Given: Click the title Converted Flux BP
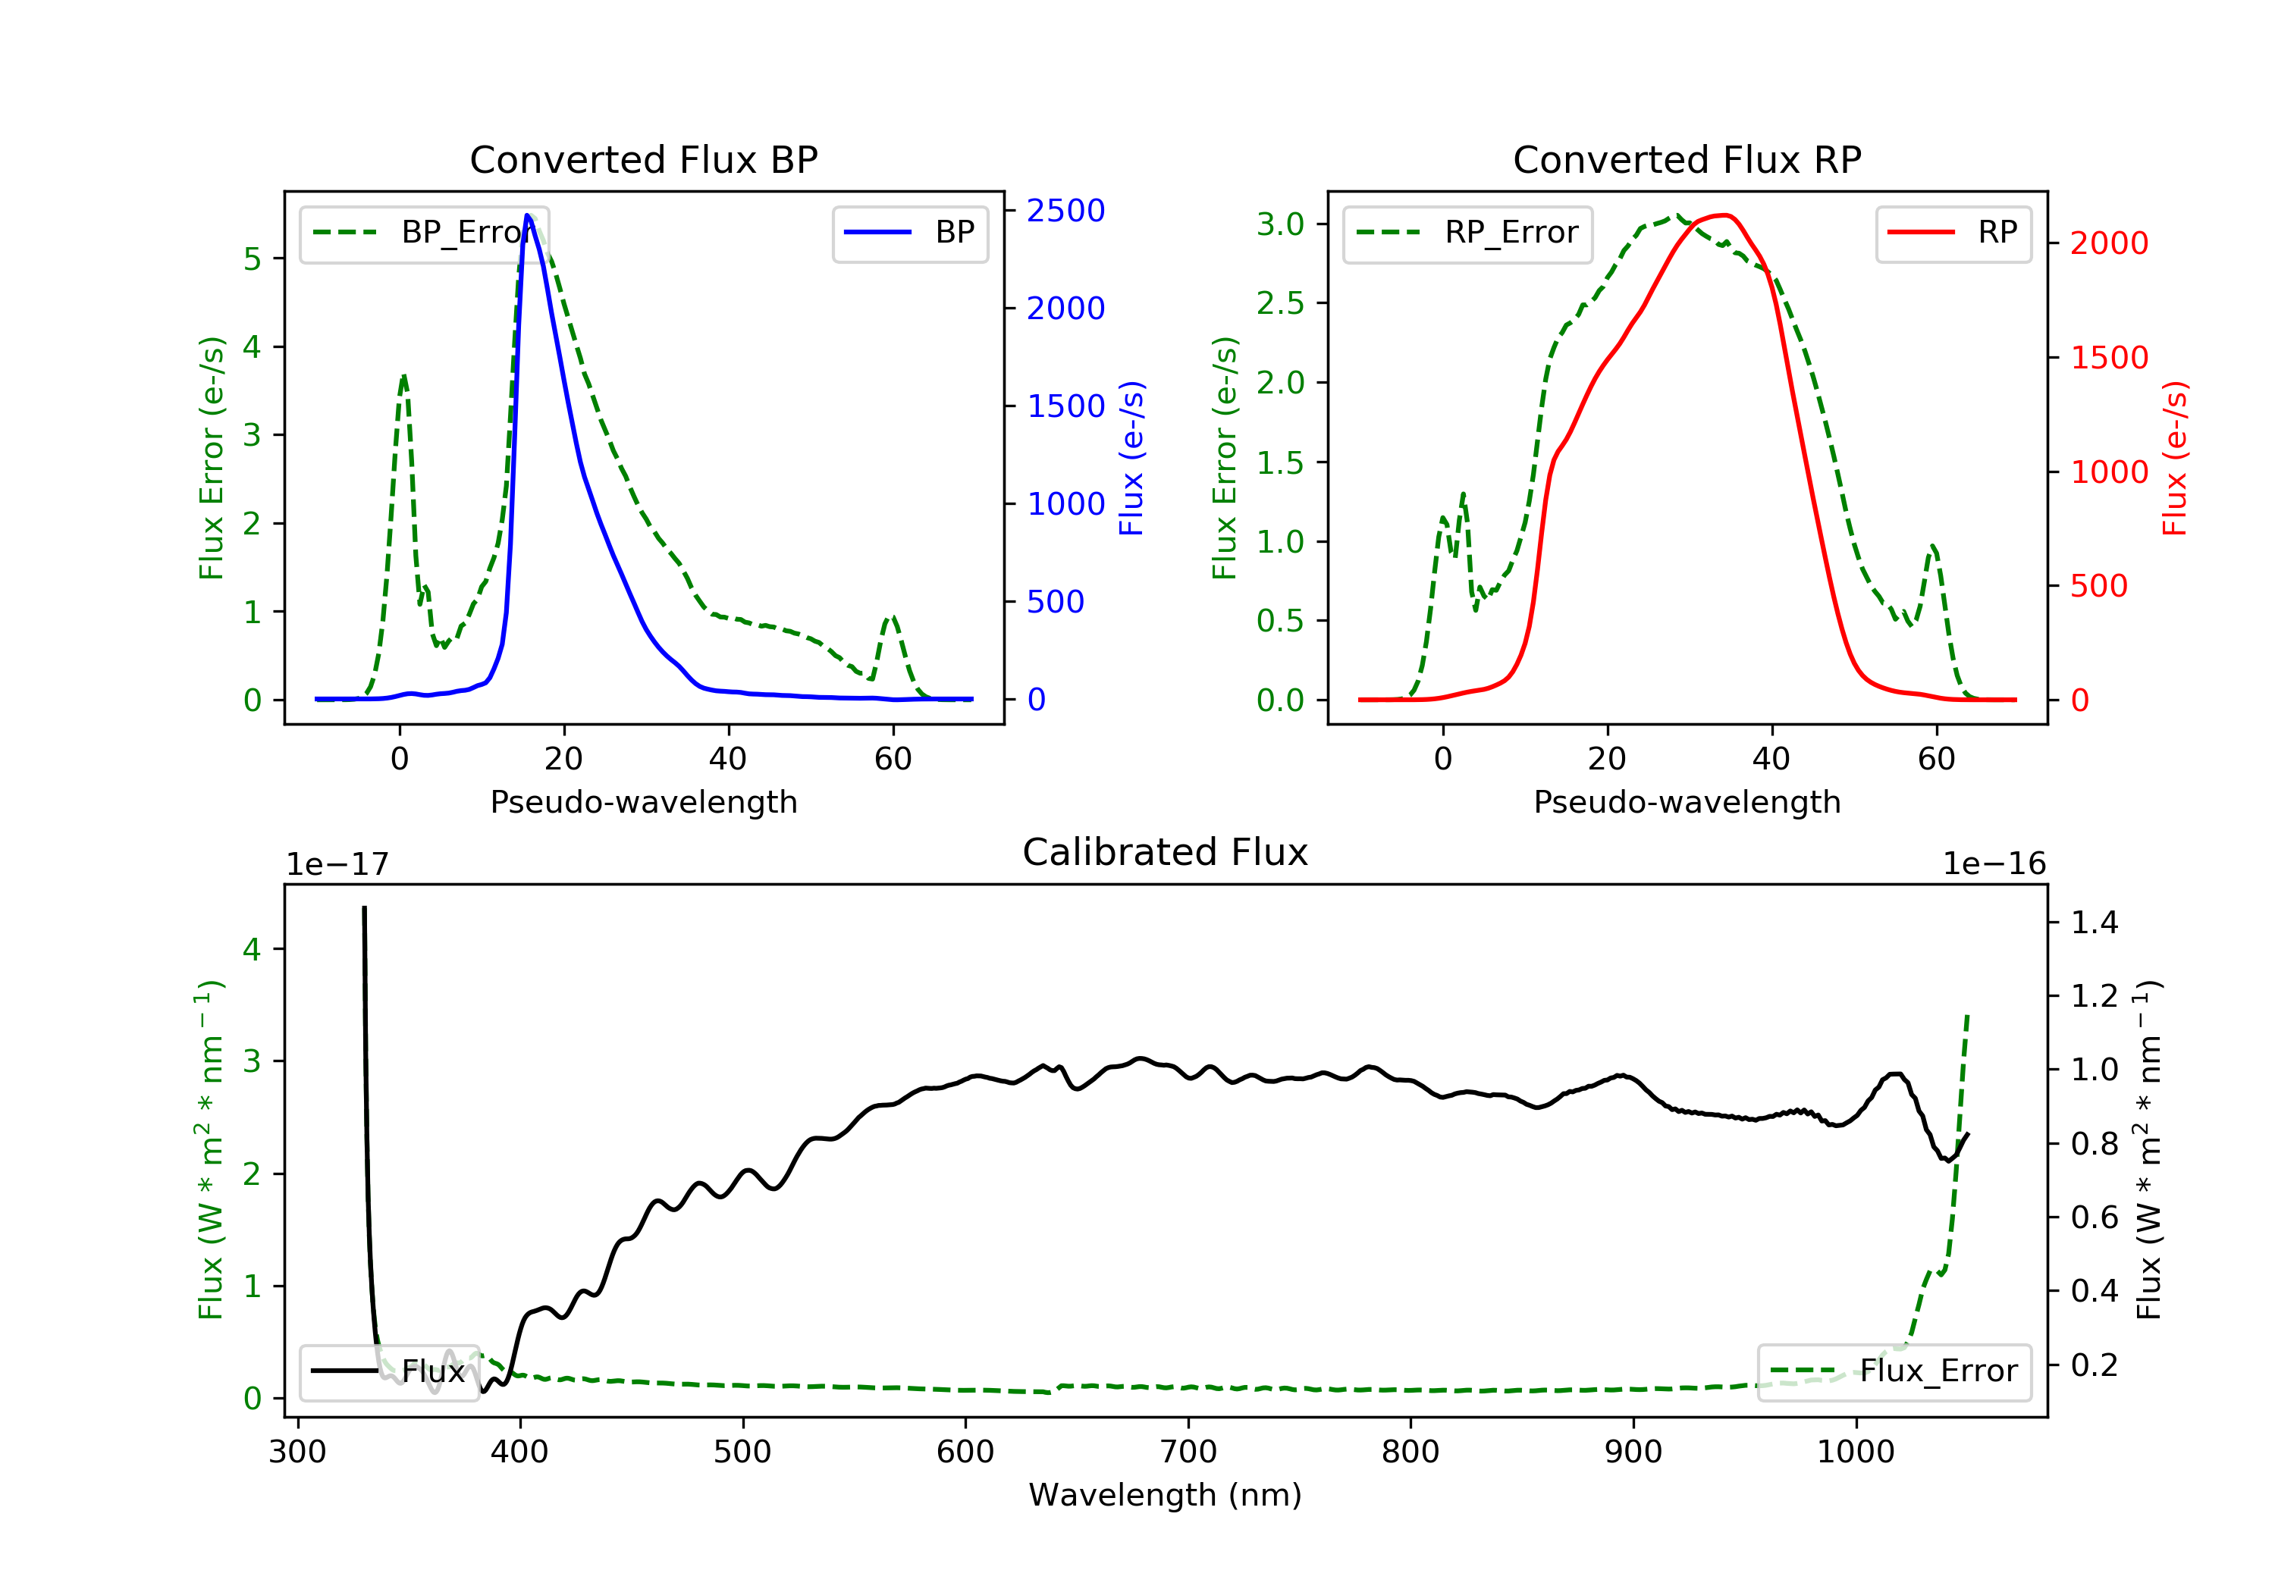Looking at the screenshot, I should click(643, 159).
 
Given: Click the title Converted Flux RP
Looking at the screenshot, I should click(1687, 159).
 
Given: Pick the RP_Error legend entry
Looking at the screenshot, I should click(1467, 233).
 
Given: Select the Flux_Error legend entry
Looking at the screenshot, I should click(1894, 1371).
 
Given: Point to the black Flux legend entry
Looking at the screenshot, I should click(388, 1371).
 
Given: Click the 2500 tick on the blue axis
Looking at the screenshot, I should click(1065, 210).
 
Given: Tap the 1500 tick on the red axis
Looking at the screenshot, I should click(2108, 358).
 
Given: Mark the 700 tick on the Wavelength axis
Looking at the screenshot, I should click(1187, 1453).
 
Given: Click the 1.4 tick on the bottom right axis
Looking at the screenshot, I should click(2094, 923).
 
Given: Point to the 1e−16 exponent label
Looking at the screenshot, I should click(1994, 864).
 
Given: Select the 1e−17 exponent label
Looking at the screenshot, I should click(337, 864).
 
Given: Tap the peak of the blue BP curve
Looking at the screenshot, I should click(527, 215).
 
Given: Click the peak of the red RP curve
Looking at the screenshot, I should click(1725, 215).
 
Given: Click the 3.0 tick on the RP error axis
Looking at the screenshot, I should click(1280, 224).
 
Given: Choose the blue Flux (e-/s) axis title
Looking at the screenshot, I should click(1131, 458).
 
